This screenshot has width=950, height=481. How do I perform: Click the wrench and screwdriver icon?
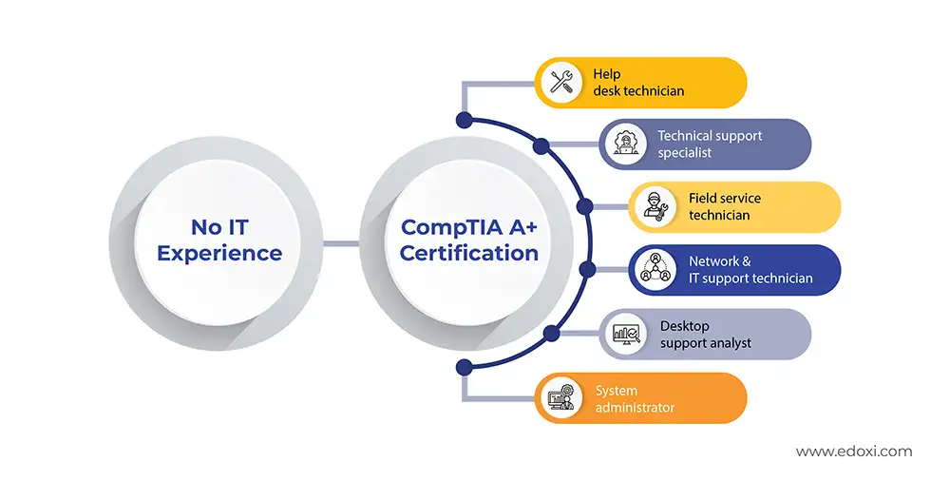point(560,83)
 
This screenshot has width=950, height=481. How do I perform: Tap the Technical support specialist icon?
point(624,144)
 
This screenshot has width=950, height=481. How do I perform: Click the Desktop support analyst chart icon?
point(624,334)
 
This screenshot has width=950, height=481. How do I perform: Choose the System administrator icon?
point(560,397)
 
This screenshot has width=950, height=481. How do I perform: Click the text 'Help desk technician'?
point(638,83)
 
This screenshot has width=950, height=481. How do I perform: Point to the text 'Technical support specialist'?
point(710,144)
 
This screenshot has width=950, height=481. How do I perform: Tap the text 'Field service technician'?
point(724,207)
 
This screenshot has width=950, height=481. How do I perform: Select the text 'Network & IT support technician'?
point(750,270)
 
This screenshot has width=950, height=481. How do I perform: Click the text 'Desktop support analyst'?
point(705,334)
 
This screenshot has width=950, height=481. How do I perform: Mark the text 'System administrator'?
point(635,398)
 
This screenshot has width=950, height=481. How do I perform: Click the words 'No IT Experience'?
point(219,240)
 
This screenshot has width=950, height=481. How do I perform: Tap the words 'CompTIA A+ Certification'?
point(469,240)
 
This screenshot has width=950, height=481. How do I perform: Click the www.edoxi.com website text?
point(853,452)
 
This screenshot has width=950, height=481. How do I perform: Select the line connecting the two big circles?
point(341,242)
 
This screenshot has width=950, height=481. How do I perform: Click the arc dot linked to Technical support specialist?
point(541,146)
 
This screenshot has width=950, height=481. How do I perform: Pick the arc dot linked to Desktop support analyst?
point(550,333)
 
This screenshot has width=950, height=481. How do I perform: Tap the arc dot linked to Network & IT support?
point(587,270)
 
